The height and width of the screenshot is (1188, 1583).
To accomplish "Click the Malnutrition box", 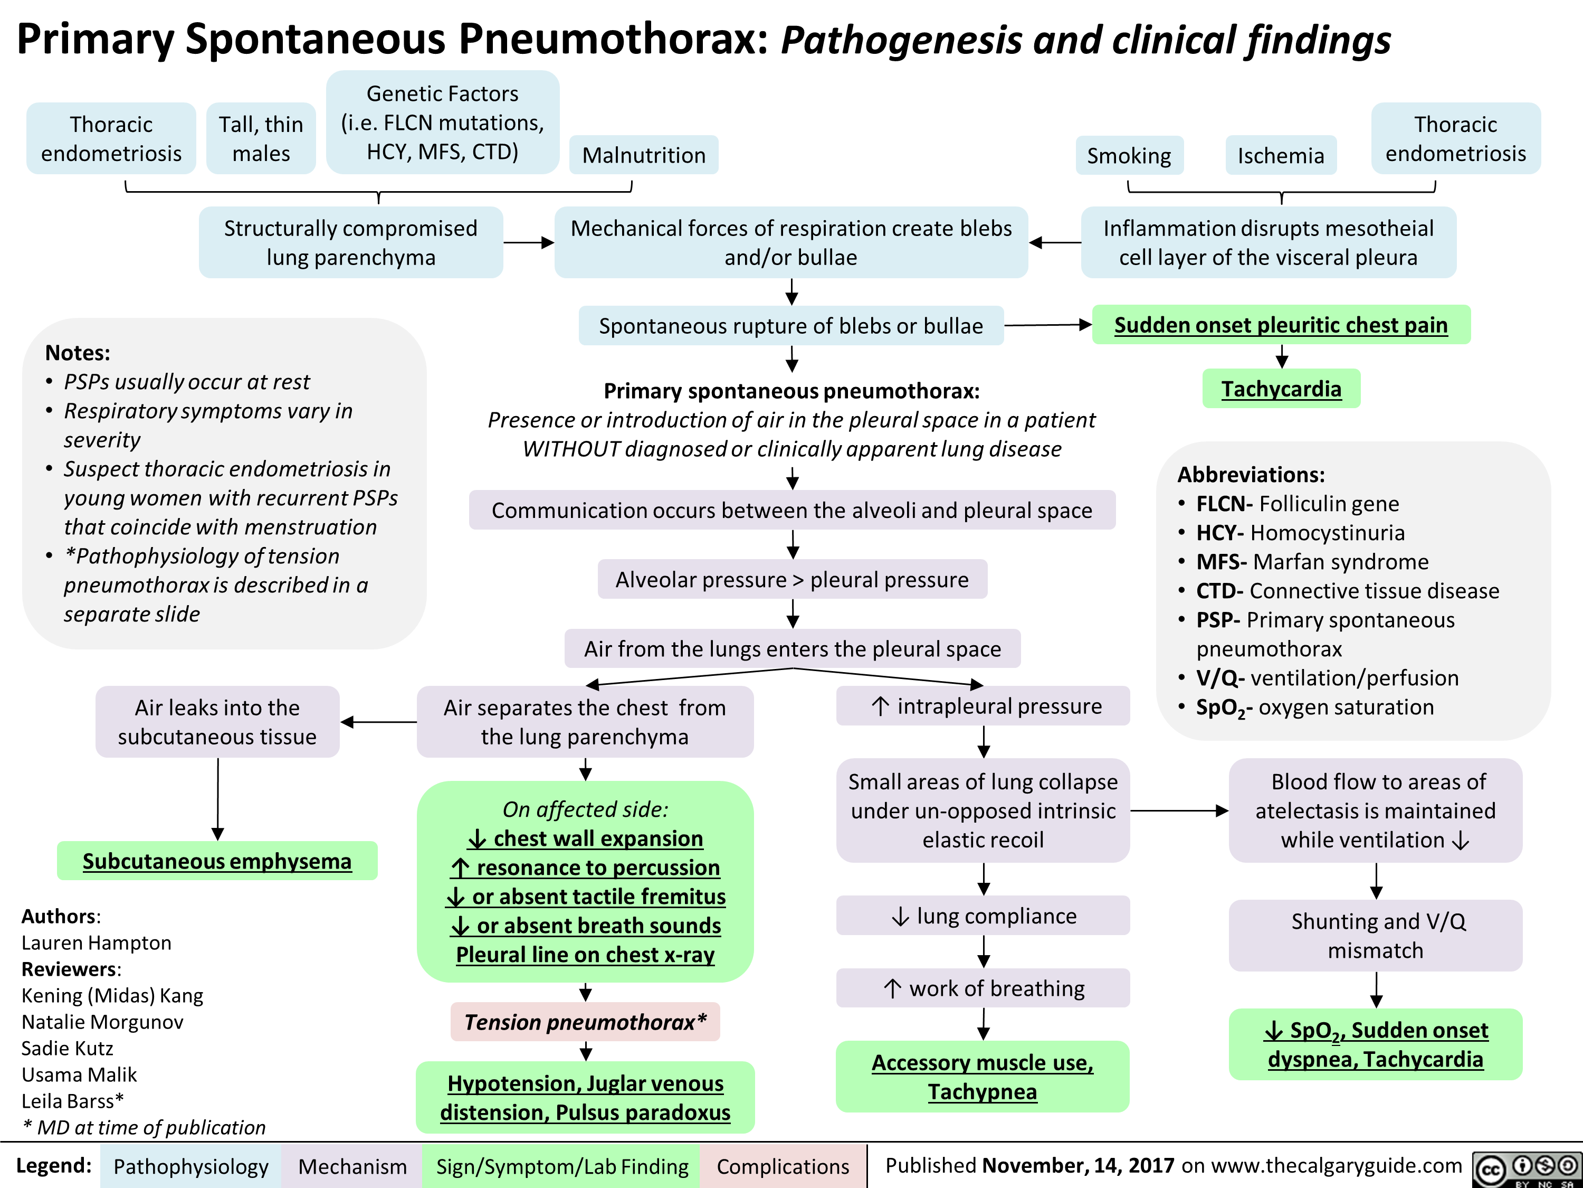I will pos(643,155).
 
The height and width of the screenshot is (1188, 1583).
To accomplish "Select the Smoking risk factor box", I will pos(1129,155).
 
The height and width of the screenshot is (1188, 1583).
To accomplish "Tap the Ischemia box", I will pos(1280,155).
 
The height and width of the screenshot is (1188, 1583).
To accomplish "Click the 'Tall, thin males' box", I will pos(261,139).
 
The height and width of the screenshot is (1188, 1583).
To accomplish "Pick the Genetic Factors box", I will pos(442,122).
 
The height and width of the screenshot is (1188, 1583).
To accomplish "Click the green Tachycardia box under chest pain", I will pos(1281,389).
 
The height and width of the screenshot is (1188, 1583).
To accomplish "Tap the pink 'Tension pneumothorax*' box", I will pos(585,1022).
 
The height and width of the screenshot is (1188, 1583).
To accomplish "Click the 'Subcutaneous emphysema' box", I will pos(217,861).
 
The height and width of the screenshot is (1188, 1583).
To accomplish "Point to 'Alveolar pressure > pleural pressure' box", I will pos(792,579).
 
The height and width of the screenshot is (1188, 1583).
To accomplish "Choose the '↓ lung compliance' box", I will pos(983,916).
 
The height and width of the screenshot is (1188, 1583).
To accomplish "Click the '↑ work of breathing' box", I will pos(983,988).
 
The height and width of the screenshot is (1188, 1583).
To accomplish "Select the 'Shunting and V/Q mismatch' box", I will pos(1375,935).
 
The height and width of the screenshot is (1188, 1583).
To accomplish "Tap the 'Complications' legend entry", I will pos(782,1166).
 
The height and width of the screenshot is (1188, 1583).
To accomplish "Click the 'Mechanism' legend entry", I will pos(352,1166).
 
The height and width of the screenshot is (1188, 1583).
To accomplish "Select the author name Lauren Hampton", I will pos(97,943).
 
